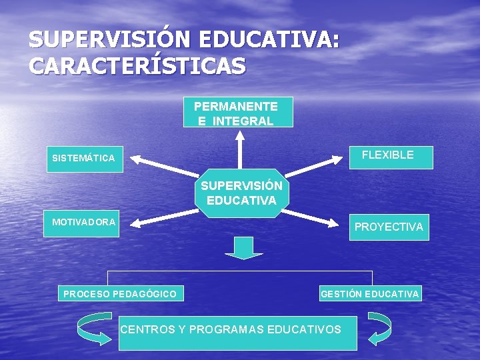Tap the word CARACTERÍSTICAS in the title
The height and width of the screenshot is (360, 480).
137,66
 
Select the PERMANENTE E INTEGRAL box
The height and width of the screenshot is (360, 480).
237,113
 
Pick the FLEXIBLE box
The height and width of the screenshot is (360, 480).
391,157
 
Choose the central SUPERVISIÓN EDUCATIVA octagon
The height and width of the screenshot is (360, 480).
241,193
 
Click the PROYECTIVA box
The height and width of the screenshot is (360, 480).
389,227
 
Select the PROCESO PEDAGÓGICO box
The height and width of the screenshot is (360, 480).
120,293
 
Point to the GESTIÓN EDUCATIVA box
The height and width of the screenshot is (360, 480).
370,293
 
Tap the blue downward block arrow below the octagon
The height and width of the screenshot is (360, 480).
243,247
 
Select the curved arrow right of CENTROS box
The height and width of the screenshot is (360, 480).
380,329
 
